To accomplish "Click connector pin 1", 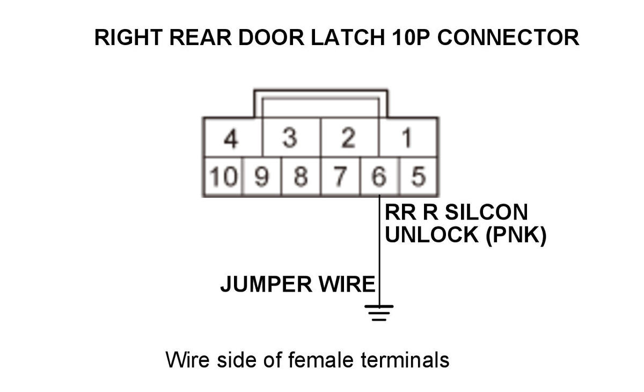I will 407,140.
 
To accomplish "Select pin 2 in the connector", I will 349,140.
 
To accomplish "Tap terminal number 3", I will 290,140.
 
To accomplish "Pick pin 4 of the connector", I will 231,140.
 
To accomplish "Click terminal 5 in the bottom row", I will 418,177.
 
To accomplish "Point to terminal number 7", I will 340,177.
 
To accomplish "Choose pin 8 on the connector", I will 301,177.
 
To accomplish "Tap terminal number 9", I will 261,177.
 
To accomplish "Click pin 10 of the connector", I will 222,177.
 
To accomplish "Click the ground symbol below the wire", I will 379,312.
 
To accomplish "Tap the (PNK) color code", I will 516,235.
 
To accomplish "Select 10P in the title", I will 413,38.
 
